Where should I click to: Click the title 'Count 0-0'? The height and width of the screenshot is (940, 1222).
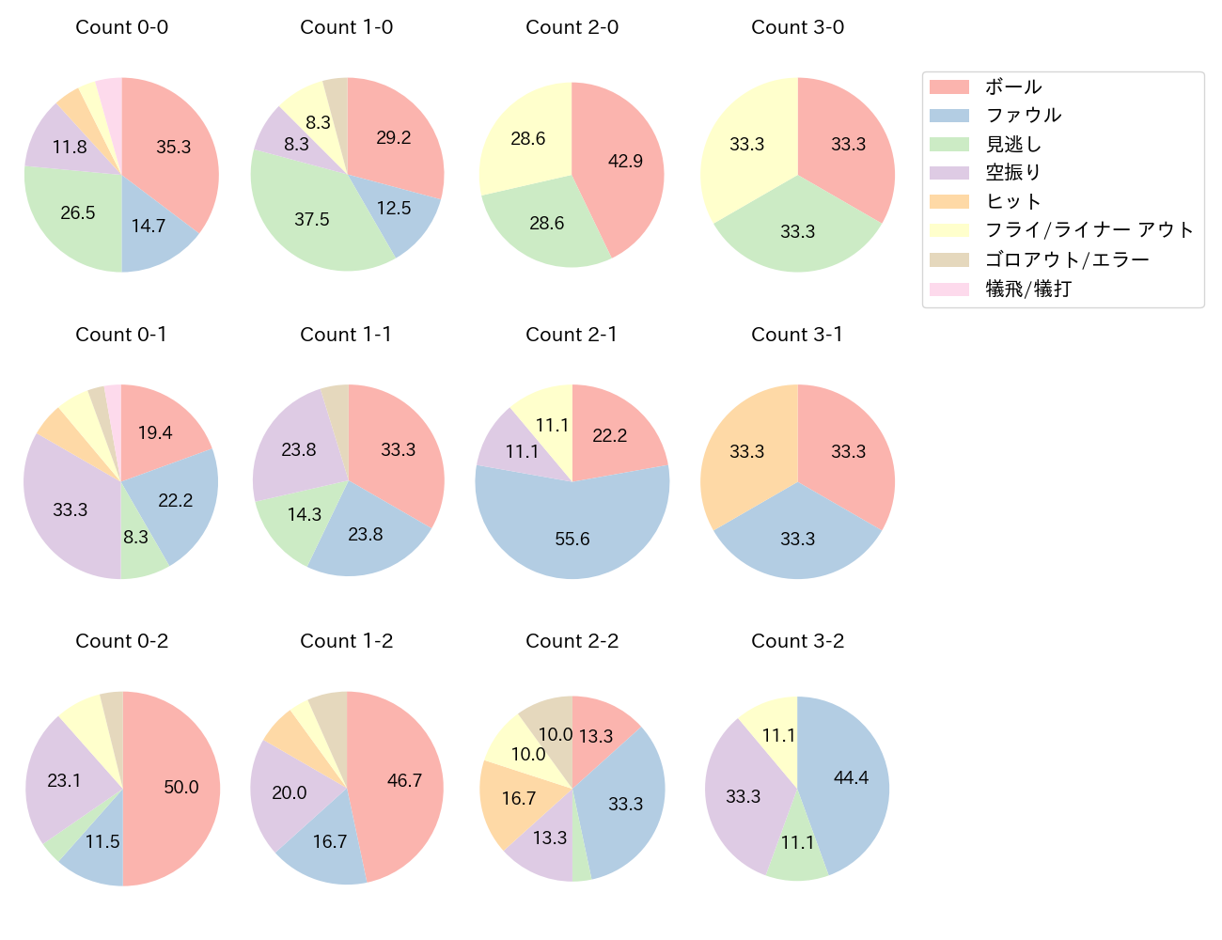coord(122,27)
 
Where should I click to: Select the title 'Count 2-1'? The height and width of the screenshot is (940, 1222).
coord(572,335)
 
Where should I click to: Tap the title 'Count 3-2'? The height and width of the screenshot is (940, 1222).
coord(797,641)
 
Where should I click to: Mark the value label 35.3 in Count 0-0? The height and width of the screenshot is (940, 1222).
coord(174,147)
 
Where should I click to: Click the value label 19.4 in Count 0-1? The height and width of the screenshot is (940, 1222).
coord(155,432)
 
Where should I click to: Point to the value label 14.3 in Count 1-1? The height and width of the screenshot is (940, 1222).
coord(305,514)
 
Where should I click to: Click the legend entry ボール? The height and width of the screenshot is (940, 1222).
coord(1013,86)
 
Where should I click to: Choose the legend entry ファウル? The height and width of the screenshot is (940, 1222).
coord(1023,116)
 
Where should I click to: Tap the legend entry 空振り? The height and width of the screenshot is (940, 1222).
coord(1013,173)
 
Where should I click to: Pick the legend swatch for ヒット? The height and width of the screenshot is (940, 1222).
coord(949,202)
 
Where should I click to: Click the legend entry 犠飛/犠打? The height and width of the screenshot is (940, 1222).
coord(1028,289)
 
